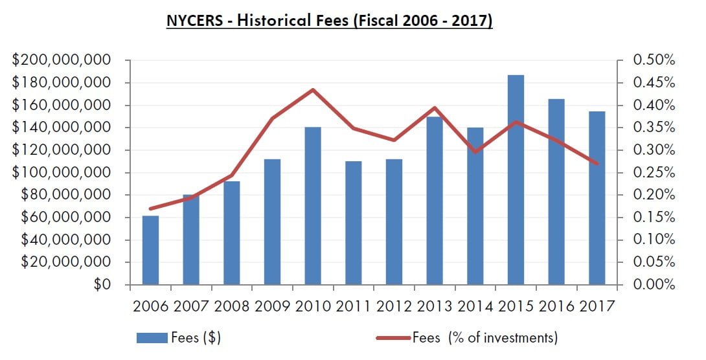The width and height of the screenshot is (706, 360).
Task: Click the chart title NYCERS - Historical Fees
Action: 330,21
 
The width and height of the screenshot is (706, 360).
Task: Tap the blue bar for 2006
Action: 150,250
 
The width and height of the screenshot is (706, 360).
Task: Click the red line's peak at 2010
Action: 313,89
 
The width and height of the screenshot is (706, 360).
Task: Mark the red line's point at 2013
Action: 434,107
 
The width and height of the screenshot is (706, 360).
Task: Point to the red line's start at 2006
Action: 150,208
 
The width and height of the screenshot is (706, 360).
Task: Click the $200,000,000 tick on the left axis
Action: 62,60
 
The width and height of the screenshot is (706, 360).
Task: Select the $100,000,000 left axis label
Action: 62,173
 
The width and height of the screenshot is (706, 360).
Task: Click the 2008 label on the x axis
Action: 232,306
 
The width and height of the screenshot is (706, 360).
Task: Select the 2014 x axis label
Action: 475,306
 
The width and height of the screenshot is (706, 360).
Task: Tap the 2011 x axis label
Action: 353,306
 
